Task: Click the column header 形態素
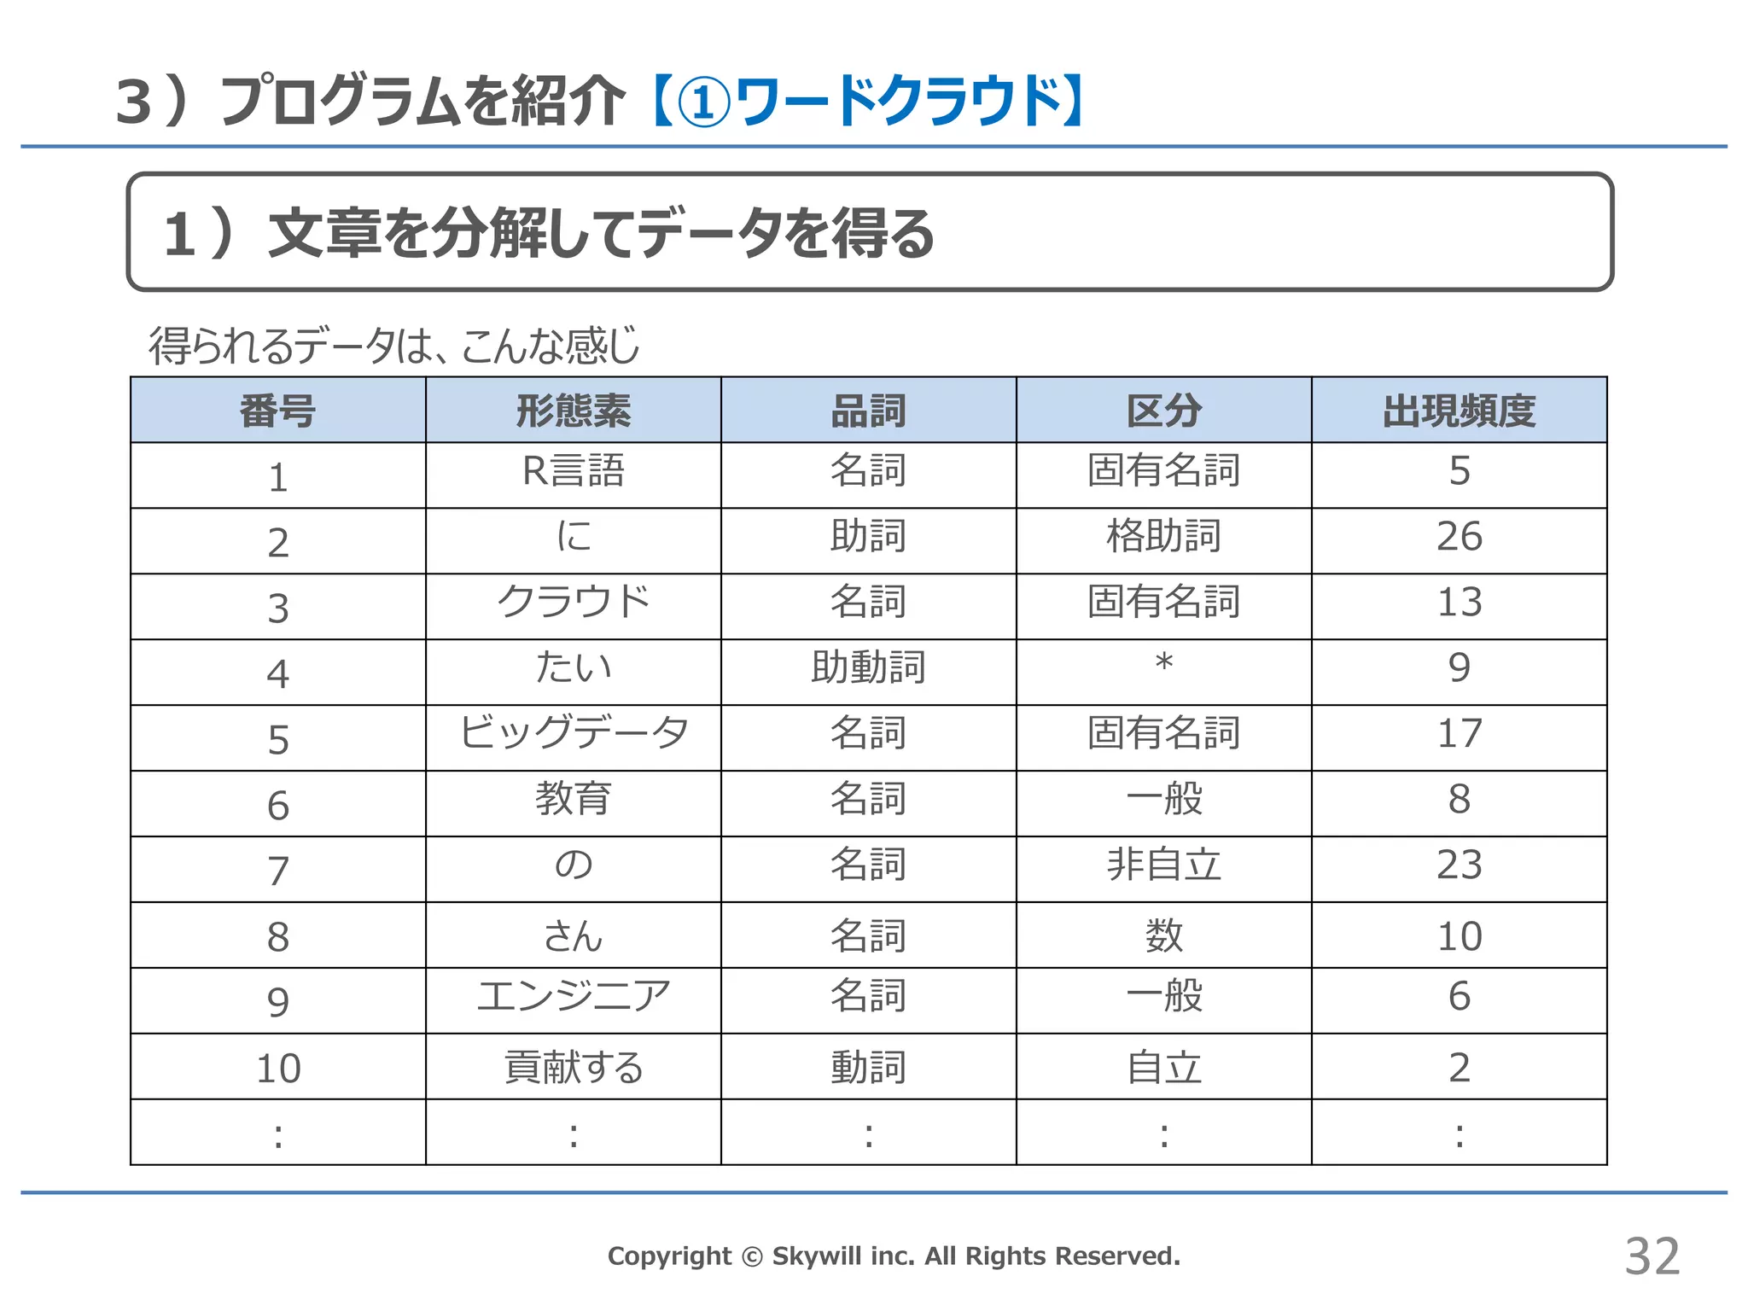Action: click(574, 411)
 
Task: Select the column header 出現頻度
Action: click(1459, 411)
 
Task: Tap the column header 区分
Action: click(1163, 411)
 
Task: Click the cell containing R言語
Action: click(574, 471)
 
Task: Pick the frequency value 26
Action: click(1459, 537)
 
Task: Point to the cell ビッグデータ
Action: click(574, 733)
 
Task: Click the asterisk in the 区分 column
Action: click(1163, 663)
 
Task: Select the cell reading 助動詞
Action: click(868, 667)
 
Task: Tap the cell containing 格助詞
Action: click(1163, 537)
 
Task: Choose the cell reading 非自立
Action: click(1163, 865)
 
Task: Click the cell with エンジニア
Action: click(574, 996)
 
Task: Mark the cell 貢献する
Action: click(574, 1068)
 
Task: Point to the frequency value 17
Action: click(1459, 733)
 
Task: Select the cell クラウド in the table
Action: click(574, 602)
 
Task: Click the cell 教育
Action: click(574, 799)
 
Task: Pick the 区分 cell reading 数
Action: click(1163, 935)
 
